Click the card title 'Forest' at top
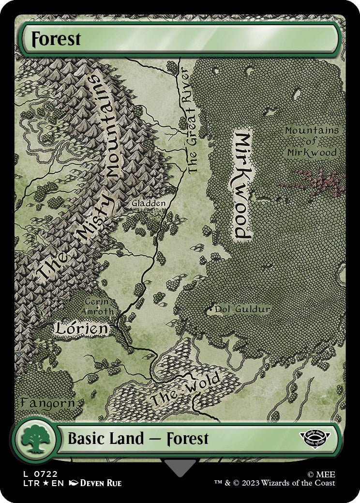pos(56,39)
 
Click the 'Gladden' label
pos(149,204)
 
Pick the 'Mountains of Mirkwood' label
pos(311,141)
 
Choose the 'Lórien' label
pos(81,329)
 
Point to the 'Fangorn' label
pos(47,402)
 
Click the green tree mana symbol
pos(35,439)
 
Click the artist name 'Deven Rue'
pos(101,483)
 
